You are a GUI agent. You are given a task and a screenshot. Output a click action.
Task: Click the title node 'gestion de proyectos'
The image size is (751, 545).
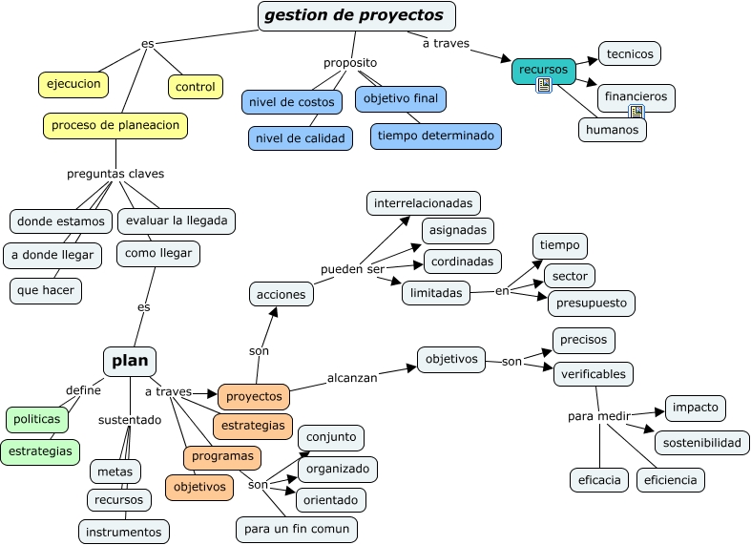356,15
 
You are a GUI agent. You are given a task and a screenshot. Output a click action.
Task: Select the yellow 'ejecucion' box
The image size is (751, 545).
73,84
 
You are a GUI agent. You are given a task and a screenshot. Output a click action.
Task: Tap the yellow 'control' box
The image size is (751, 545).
196,87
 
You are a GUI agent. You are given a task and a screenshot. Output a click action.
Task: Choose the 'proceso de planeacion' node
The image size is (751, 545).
115,125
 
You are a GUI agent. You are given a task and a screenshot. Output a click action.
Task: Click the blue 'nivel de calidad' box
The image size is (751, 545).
300,138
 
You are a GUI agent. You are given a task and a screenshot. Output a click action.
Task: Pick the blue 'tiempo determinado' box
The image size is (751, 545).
436,136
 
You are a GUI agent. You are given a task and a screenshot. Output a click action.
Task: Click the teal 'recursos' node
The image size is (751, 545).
543,70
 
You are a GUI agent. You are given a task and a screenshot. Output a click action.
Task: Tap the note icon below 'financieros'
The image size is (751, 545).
636,113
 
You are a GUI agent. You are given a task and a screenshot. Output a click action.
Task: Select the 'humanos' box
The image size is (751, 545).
612,130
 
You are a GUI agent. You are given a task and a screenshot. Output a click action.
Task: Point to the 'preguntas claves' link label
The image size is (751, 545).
115,174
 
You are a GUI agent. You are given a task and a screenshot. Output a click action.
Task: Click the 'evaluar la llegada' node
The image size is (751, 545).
176,220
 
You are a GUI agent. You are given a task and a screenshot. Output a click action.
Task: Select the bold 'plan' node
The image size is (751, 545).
130,361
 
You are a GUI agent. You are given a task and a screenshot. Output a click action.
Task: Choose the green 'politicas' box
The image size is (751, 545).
37,419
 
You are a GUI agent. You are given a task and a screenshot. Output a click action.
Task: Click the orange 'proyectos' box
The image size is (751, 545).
254,395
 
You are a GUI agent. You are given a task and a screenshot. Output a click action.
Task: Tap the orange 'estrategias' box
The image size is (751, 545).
252,426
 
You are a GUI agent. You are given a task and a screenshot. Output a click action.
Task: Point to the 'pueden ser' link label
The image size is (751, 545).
352,269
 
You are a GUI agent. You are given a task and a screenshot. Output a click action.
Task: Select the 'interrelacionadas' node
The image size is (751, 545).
424,203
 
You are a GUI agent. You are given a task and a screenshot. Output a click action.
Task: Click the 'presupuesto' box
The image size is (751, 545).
591,304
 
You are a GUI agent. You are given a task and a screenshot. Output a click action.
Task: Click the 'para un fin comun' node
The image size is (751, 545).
297,528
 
